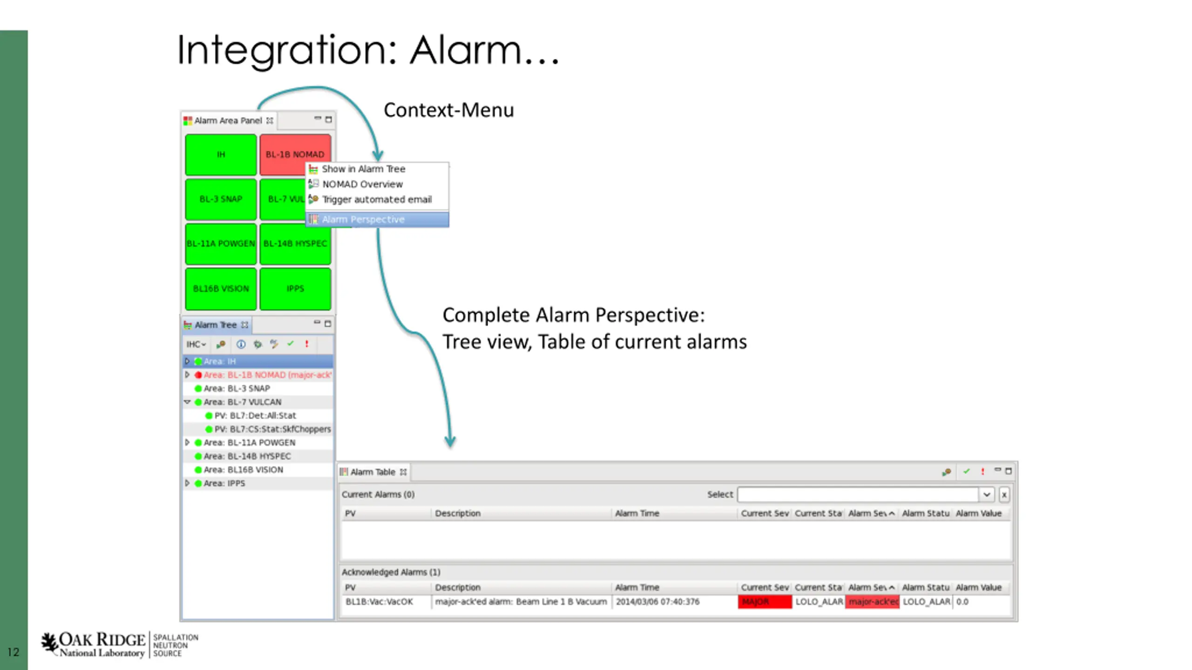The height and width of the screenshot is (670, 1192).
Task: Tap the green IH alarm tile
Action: point(221,154)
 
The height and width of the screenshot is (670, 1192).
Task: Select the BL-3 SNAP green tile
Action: point(221,199)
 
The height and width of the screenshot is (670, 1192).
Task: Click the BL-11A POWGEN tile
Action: point(221,244)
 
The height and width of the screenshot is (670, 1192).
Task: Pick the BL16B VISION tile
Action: point(221,288)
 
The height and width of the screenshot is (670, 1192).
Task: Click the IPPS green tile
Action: point(295,288)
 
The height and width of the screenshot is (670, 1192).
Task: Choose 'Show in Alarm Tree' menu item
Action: point(363,169)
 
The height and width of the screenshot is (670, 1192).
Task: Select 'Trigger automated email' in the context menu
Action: point(377,200)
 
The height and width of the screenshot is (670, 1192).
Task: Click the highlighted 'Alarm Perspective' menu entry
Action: point(363,220)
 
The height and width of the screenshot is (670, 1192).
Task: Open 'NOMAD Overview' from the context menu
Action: point(362,184)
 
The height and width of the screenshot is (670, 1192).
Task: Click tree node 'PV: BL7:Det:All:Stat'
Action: point(255,415)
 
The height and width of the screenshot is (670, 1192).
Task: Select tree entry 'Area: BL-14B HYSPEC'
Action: point(247,456)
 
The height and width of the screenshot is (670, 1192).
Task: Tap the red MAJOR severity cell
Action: point(764,602)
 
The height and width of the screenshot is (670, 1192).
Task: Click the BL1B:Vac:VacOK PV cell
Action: point(379,602)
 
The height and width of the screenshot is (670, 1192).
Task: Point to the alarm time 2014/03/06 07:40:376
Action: point(657,602)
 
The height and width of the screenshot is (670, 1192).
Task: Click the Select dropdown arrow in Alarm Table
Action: point(986,495)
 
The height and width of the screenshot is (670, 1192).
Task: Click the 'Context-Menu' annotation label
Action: point(448,110)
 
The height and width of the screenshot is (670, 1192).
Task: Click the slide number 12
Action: point(13,652)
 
